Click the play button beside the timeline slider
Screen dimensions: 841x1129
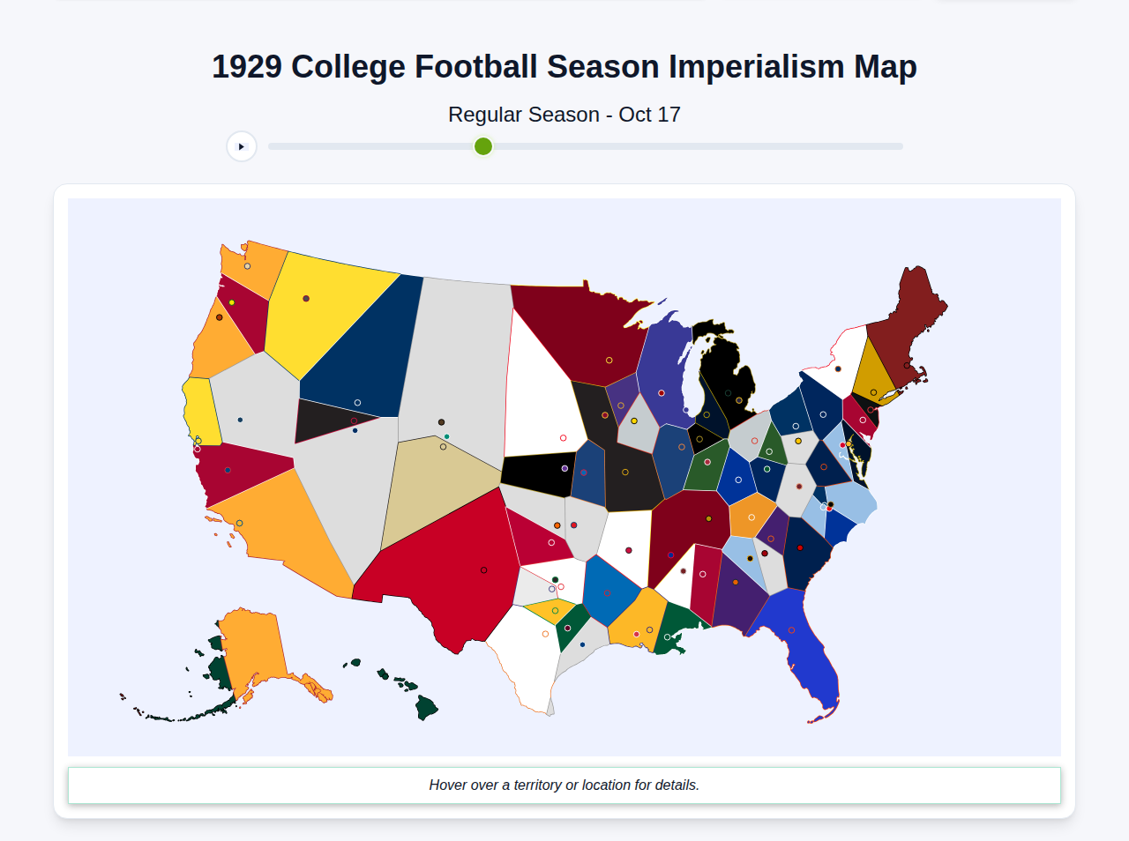pos(241,146)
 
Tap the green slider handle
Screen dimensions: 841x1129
pos(483,146)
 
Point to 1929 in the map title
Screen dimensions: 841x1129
pos(247,67)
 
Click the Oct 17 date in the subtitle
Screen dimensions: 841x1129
pos(649,115)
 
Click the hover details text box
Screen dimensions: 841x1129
pos(564,785)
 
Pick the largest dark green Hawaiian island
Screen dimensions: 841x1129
pos(426,707)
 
